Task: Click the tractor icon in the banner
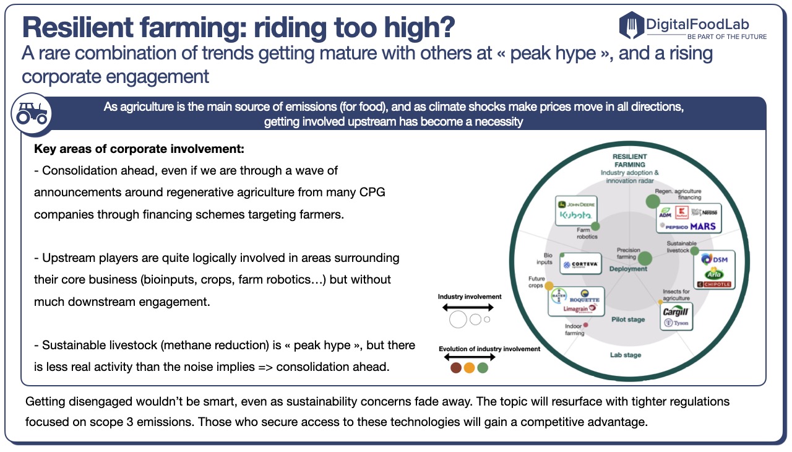click(x=31, y=113)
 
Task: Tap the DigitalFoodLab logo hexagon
click(x=631, y=25)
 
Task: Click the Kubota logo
click(x=576, y=215)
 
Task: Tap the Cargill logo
click(x=676, y=311)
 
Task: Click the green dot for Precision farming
click(x=645, y=258)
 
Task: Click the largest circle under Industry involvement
click(x=458, y=319)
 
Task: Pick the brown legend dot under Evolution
click(x=455, y=368)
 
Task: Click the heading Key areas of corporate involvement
click(x=139, y=149)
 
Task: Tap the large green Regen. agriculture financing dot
click(x=652, y=201)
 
